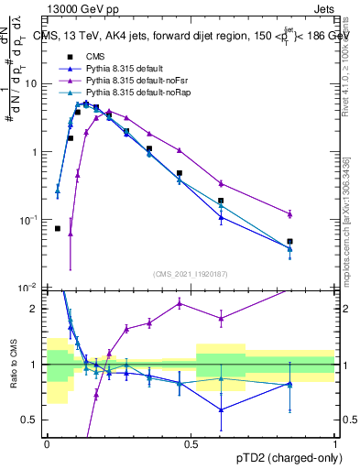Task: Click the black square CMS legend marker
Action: (x=67, y=56)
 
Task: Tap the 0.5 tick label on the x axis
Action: (x=191, y=443)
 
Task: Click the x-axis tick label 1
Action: (x=336, y=443)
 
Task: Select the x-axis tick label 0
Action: (x=48, y=443)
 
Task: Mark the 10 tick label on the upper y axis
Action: (x=30, y=84)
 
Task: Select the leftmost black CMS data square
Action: (x=58, y=228)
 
